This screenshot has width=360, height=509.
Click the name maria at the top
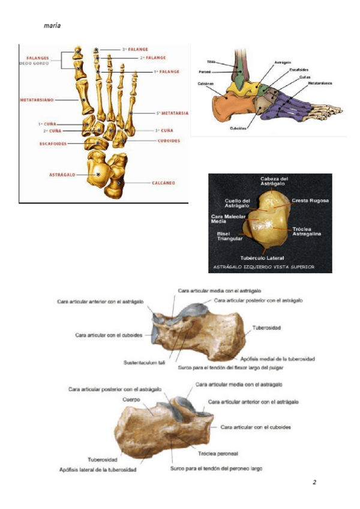pos(52,26)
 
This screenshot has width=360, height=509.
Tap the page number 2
pos(314,482)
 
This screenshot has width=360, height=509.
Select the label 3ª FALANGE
pos(135,49)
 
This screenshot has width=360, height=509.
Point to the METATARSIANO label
pos(37,99)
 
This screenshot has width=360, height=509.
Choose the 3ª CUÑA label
pos(164,130)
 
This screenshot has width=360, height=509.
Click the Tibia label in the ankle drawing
pos(211,62)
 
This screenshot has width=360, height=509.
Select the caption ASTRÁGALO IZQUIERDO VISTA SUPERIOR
pos(265,267)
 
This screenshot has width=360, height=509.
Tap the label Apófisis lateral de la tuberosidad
pos(98,469)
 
